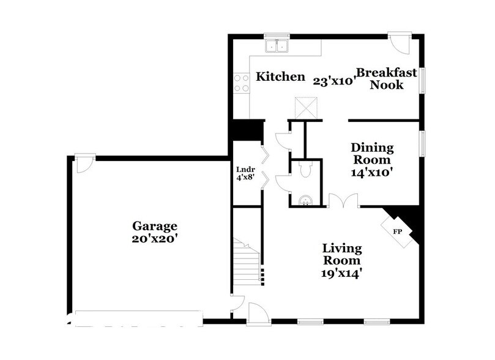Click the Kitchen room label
click(x=280, y=77)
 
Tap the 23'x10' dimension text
click(x=333, y=80)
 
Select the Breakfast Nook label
click(x=386, y=79)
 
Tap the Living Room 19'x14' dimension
click(x=342, y=274)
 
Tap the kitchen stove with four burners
click(x=241, y=83)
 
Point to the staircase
click(x=248, y=263)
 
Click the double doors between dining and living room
click(x=343, y=200)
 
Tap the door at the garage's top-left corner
click(x=84, y=163)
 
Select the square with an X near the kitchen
click(x=306, y=107)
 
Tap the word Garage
click(x=157, y=225)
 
